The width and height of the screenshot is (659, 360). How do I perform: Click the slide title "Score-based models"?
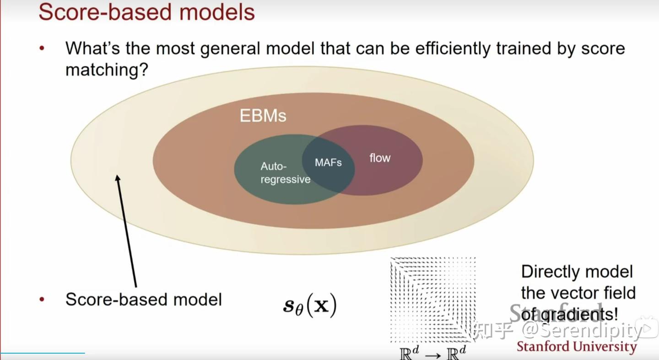point(146,12)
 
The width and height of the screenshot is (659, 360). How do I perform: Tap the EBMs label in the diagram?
point(263,116)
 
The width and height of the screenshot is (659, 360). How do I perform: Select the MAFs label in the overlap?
point(328,162)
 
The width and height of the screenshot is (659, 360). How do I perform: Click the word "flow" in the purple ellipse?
point(380,158)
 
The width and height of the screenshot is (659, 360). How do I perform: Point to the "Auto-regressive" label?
point(285,173)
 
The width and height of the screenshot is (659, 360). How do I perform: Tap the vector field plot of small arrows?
point(432,300)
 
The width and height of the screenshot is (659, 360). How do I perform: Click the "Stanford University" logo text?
point(577,347)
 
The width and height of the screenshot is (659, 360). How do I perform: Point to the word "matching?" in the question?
point(106,70)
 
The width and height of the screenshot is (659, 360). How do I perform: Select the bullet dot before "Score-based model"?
point(42,300)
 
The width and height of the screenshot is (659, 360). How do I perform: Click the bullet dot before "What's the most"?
point(42,48)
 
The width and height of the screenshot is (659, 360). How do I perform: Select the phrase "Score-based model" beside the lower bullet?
point(143,300)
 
